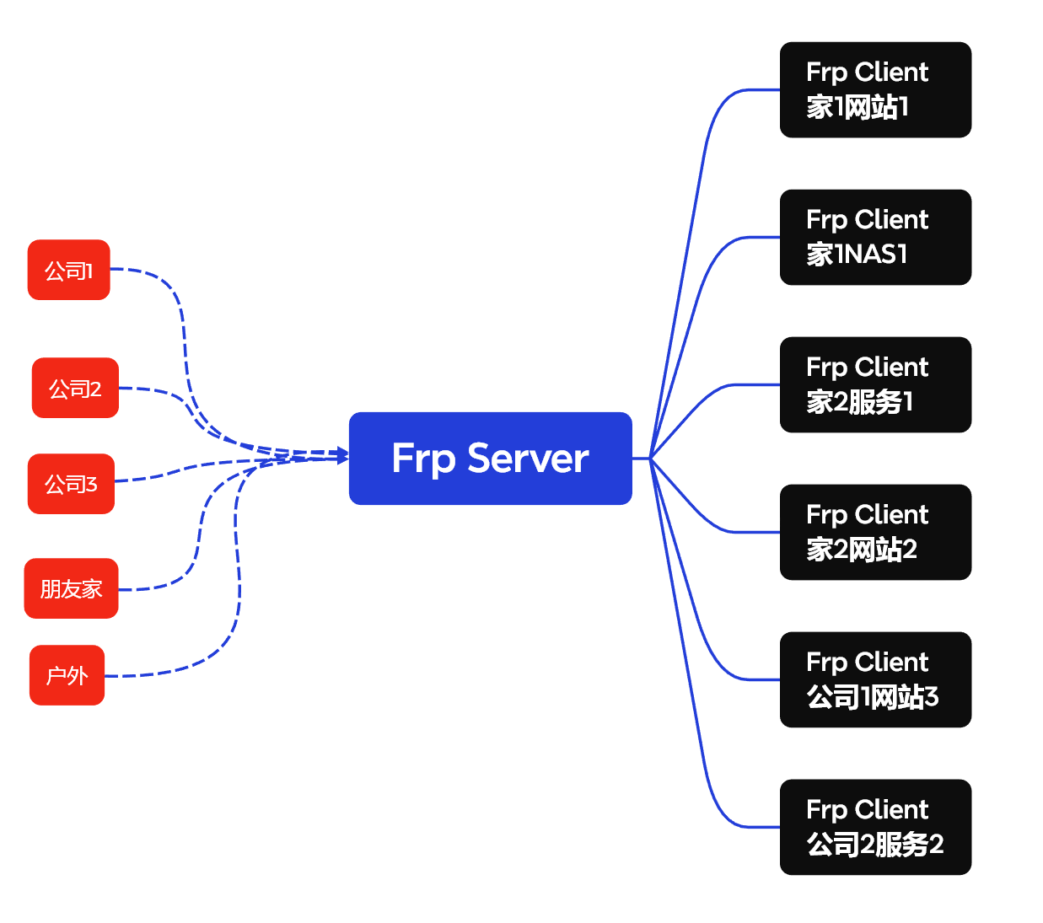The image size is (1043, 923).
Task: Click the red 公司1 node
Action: point(69,270)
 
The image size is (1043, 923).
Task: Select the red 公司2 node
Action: point(75,388)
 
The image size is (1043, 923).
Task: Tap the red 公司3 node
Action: point(71,484)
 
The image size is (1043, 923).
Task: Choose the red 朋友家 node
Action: point(72,588)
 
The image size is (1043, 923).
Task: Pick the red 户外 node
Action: point(67,675)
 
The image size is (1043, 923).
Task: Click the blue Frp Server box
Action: point(490,459)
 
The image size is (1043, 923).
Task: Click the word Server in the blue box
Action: point(528,459)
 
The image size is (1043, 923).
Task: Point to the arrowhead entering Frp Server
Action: point(342,456)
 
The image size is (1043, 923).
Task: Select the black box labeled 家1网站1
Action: point(875,90)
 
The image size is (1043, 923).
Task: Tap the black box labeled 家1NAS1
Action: point(875,238)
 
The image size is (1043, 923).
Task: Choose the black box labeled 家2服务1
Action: point(875,385)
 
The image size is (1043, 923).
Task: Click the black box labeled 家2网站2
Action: point(875,533)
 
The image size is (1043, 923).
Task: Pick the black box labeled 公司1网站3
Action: point(875,680)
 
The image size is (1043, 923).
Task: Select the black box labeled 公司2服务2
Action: point(875,828)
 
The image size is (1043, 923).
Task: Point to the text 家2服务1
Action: point(859,402)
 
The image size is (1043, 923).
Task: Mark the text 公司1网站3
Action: point(872,697)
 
